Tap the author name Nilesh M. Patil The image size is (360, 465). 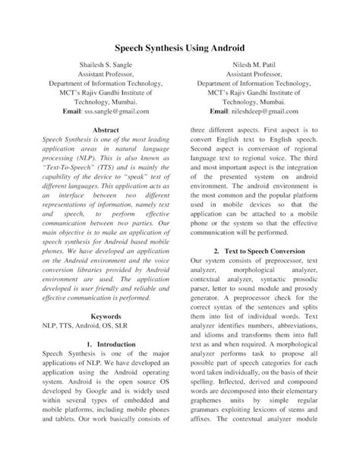coord(255,67)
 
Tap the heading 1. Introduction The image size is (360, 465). coord(105,344)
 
